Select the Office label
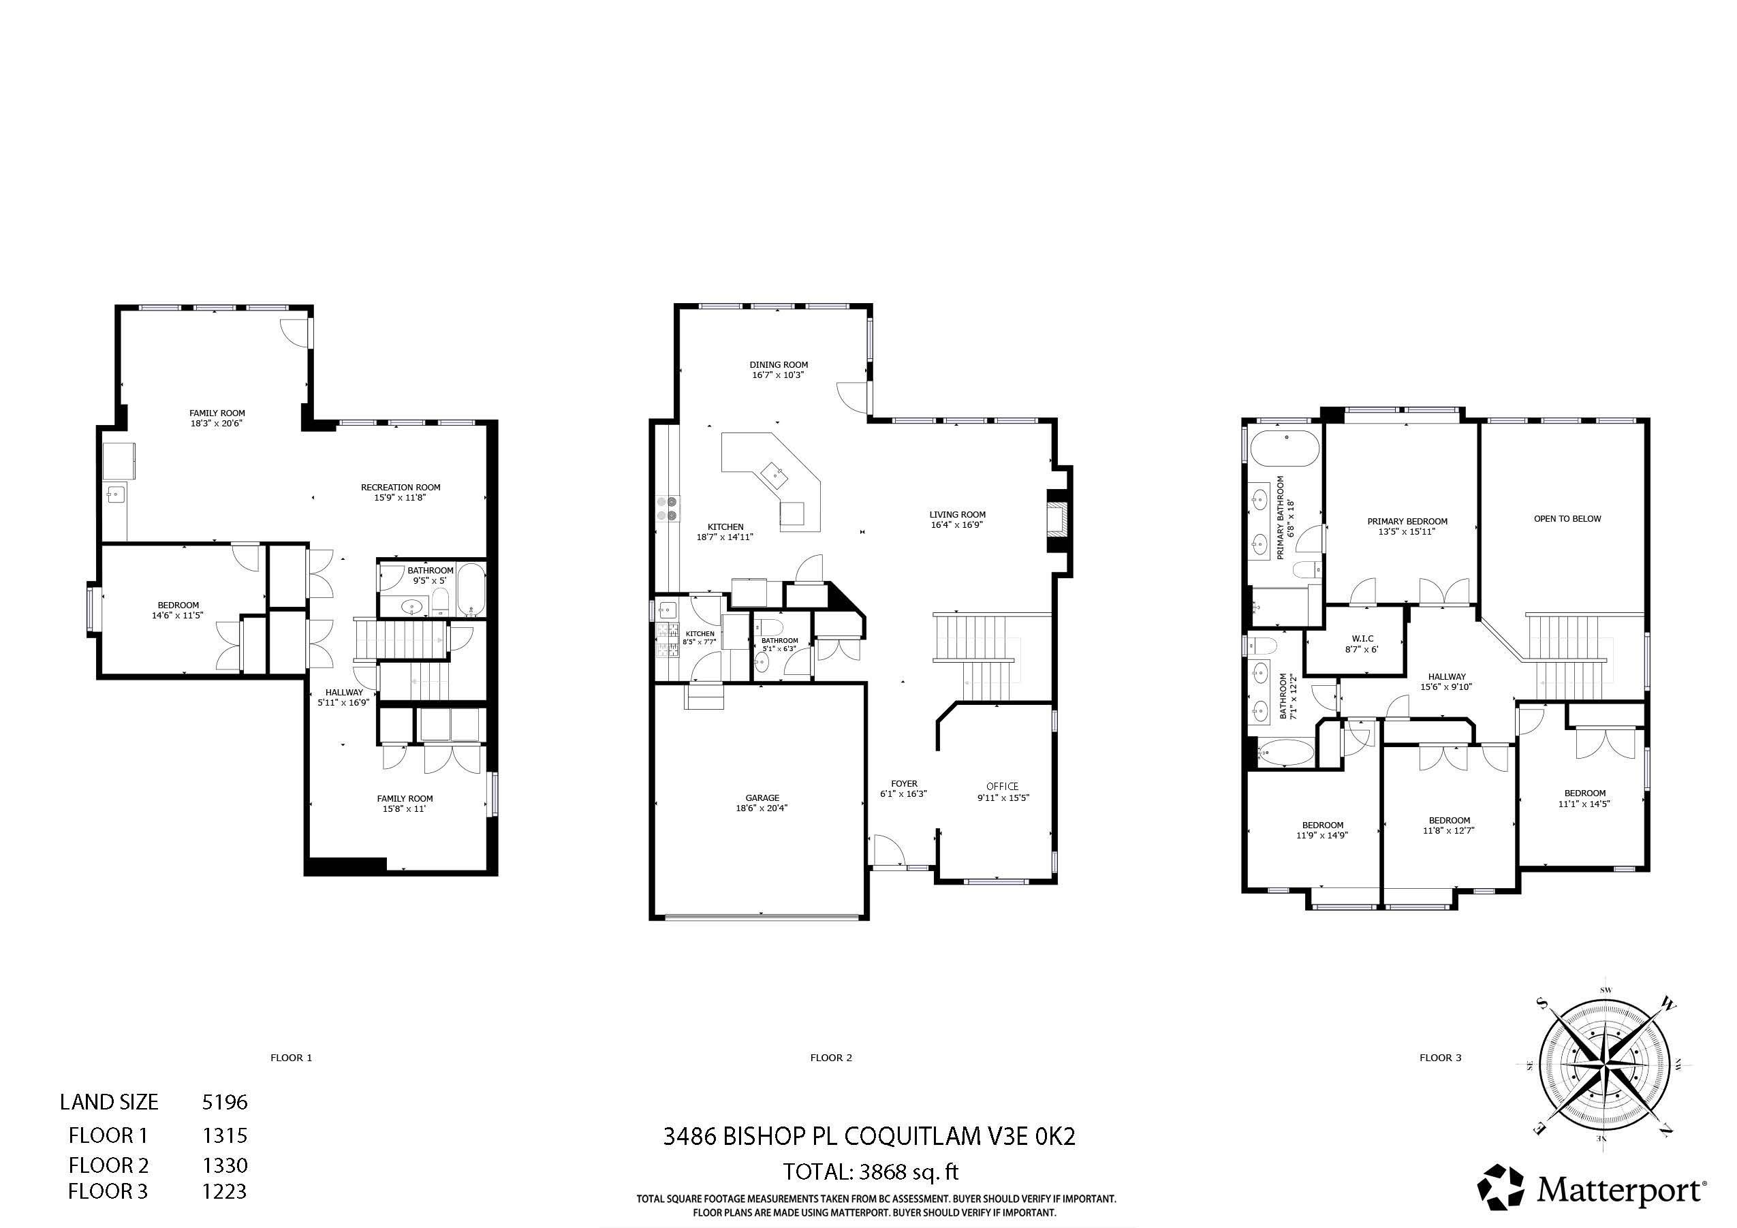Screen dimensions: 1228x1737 tap(1003, 786)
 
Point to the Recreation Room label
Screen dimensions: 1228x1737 tap(401, 487)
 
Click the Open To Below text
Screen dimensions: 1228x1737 tap(1567, 519)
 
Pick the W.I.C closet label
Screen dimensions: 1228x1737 tap(1362, 640)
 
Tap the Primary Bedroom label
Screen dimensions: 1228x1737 tap(1407, 521)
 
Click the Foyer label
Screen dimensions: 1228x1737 tap(904, 784)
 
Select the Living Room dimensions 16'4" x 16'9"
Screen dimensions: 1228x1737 tap(957, 525)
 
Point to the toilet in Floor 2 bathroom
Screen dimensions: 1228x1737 tap(772, 627)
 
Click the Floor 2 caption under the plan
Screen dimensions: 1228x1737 tap(830, 1058)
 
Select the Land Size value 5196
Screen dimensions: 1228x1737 tap(225, 1103)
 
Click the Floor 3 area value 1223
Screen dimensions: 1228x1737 tap(225, 1192)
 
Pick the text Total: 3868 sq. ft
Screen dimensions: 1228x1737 tap(871, 1172)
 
